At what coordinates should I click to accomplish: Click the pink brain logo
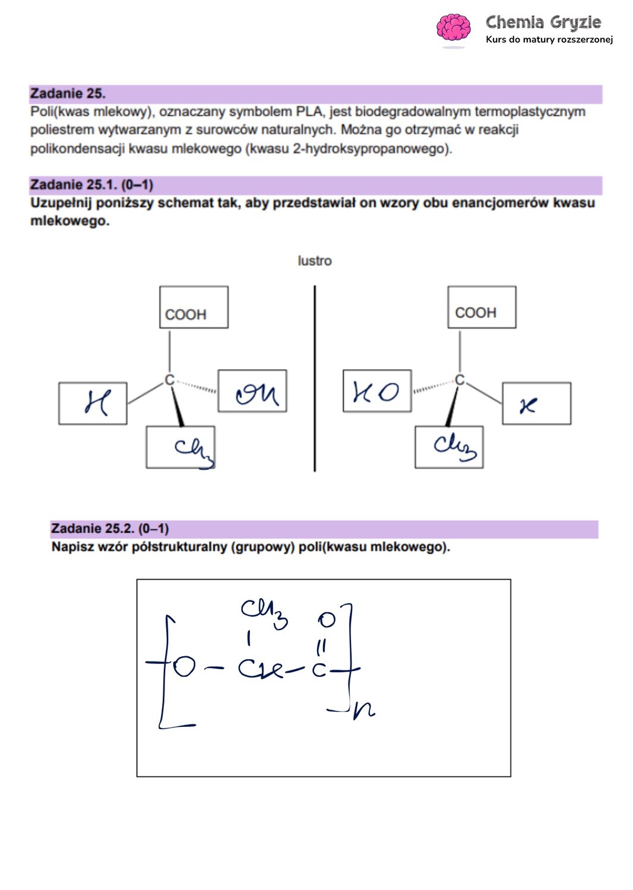click(453, 28)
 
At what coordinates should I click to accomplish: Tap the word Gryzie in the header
click(575, 23)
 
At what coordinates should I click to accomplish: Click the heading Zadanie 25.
click(68, 94)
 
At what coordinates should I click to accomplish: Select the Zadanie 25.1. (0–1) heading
click(91, 185)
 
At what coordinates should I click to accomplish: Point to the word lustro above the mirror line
click(315, 261)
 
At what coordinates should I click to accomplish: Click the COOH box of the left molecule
click(194, 307)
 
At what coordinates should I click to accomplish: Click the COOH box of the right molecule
click(482, 307)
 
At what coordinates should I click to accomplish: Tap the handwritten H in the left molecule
click(96, 403)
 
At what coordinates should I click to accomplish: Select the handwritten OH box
click(252, 391)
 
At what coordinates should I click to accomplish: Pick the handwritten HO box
click(377, 391)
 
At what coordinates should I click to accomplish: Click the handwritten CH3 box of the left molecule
click(181, 447)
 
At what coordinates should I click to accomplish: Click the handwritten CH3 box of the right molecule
click(450, 447)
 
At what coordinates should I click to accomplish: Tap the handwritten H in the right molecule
click(528, 405)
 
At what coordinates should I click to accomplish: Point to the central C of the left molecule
click(169, 380)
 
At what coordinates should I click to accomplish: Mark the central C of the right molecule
click(459, 380)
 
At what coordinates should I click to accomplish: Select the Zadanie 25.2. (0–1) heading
click(110, 529)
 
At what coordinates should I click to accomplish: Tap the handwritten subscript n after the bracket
click(363, 710)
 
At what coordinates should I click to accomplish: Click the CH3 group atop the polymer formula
click(264, 611)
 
